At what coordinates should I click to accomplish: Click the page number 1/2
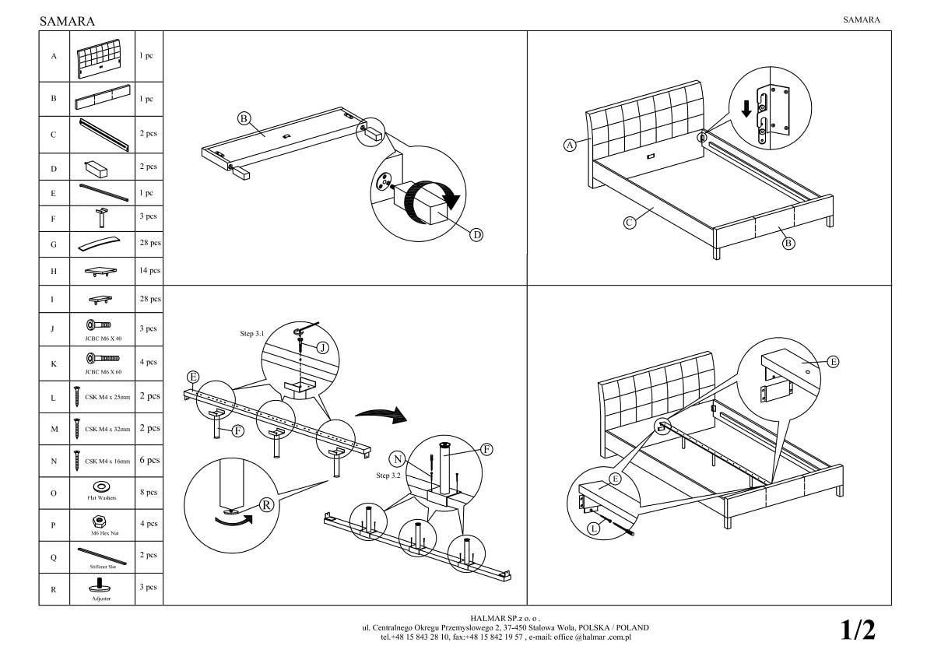858,630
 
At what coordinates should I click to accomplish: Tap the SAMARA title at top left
67,22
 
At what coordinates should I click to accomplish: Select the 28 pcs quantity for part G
149,244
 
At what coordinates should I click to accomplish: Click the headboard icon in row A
103,57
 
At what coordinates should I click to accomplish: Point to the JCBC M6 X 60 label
103,372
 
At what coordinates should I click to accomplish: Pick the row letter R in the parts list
54,589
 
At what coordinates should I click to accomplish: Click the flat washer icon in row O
102,487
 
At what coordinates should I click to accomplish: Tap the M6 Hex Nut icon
102,520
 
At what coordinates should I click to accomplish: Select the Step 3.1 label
252,333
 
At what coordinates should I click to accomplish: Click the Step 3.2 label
389,475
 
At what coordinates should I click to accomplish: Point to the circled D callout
477,235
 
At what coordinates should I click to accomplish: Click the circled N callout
398,458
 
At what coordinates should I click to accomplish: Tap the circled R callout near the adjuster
266,504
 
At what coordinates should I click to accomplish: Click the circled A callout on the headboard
570,145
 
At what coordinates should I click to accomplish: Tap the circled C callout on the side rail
630,222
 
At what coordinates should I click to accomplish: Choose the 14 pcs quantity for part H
149,271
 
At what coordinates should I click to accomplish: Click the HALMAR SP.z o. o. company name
504,618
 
